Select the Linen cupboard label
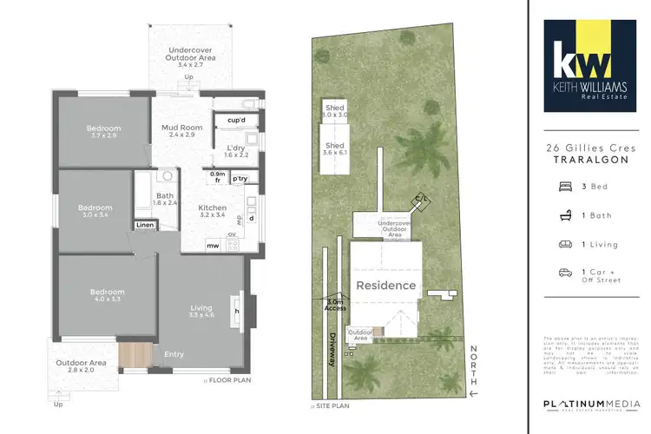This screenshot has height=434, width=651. [x=145, y=226]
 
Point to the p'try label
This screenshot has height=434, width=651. [x=240, y=178]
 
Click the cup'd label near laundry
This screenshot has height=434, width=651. [x=235, y=120]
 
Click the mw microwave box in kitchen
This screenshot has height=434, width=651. [x=212, y=246]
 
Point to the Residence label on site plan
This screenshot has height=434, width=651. [x=385, y=285]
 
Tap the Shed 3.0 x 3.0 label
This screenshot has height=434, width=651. [x=334, y=111]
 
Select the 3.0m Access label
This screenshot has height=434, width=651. [x=334, y=305]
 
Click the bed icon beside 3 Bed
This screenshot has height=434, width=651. [x=565, y=186]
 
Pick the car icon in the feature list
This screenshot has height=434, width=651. [x=565, y=273]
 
